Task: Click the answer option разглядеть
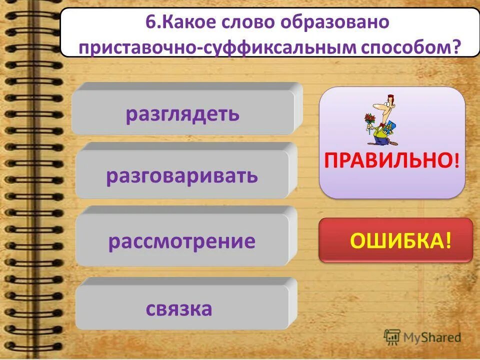[183, 114]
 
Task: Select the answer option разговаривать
[182, 176]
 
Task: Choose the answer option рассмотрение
[182, 241]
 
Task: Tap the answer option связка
[179, 308]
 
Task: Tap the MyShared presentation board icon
[391, 337]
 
